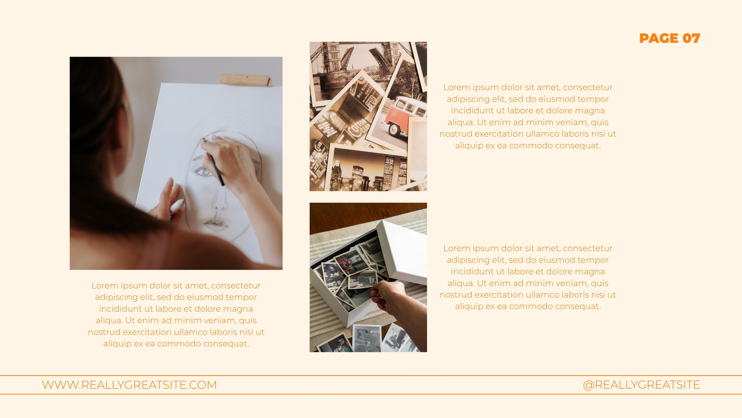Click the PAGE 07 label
coord(670,38)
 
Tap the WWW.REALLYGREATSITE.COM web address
coord(129,385)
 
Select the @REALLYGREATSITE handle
coord(641,385)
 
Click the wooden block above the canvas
coord(246,80)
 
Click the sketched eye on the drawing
coord(202,171)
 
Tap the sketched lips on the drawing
coord(216,225)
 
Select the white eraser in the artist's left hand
coord(177,206)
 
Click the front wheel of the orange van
coord(394,130)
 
